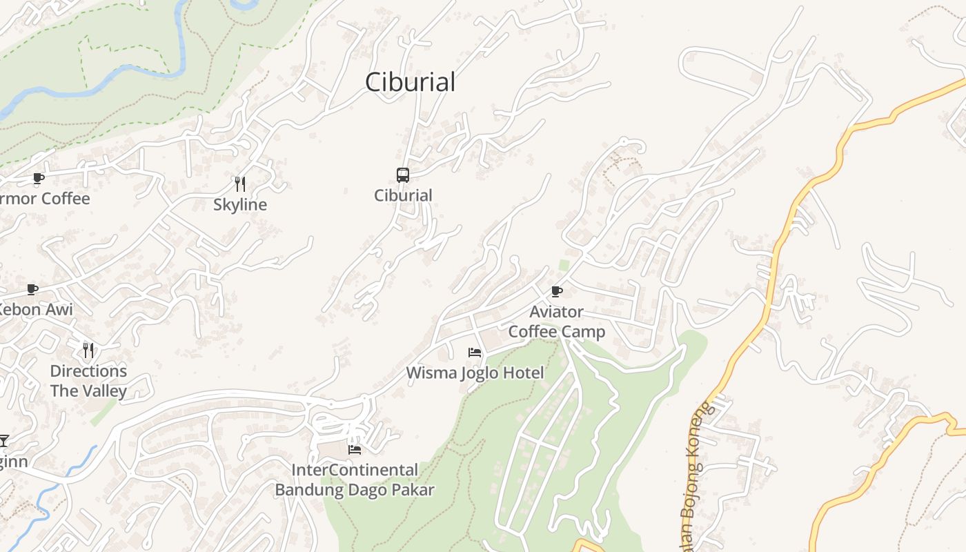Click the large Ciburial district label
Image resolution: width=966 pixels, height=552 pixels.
coord(410,82)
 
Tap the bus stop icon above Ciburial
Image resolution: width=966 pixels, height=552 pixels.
coord(403,175)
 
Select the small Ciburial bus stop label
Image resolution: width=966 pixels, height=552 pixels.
coord(403,195)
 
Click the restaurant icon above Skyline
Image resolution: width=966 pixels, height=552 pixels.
coord(240,184)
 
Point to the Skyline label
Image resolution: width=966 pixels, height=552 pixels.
coord(239,205)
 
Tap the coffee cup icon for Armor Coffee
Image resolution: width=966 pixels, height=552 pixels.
coord(39,179)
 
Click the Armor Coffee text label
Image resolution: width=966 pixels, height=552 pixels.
coord(46,199)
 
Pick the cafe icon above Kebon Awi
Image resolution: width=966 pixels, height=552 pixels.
coord(32,289)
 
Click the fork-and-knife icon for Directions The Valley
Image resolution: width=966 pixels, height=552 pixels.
coord(88,351)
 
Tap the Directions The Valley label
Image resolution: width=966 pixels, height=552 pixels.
coord(88,381)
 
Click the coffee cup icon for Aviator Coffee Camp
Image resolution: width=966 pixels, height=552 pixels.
coord(557,291)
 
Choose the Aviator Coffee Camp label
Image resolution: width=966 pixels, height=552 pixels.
coord(557,322)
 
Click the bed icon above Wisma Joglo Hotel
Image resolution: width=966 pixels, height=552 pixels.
coord(475,353)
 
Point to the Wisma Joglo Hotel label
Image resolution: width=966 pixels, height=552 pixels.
coord(475,373)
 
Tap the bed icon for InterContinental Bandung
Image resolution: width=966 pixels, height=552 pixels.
coord(355,450)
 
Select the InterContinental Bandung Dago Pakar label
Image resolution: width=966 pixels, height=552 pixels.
coord(355,480)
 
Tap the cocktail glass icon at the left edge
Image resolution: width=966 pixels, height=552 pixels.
coord(4,440)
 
